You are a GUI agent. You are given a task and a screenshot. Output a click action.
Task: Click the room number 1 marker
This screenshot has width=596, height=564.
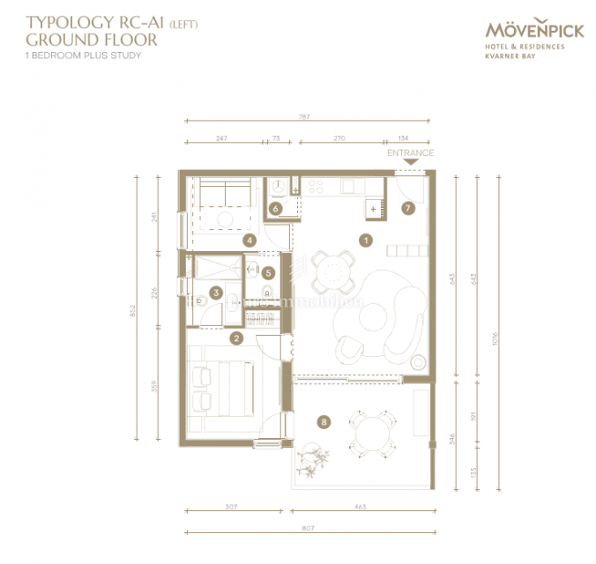[x=366, y=239]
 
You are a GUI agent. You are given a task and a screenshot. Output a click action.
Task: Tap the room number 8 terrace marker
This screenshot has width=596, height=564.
[x=324, y=423]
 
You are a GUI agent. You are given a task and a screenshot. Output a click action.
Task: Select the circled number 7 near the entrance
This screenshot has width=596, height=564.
[x=406, y=209]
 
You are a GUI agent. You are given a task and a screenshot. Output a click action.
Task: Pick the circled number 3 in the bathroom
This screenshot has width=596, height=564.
[x=215, y=293]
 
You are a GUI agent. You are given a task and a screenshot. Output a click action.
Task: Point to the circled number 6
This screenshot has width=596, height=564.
[x=275, y=209]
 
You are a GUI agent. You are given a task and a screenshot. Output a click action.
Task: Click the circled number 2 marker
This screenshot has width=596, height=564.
[x=236, y=338]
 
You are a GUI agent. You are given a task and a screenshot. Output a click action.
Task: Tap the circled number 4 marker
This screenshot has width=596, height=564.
[x=250, y=239]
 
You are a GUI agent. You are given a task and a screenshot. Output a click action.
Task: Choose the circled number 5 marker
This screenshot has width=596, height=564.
[x=269, y=273]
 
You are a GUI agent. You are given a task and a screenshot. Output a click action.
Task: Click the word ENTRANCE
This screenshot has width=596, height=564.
[x=410, y=152]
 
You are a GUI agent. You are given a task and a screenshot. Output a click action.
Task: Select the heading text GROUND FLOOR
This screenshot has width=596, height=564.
[x=92, y=39]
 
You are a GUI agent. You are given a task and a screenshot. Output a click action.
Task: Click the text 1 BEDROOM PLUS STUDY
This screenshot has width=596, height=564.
[x=84, y=56]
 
